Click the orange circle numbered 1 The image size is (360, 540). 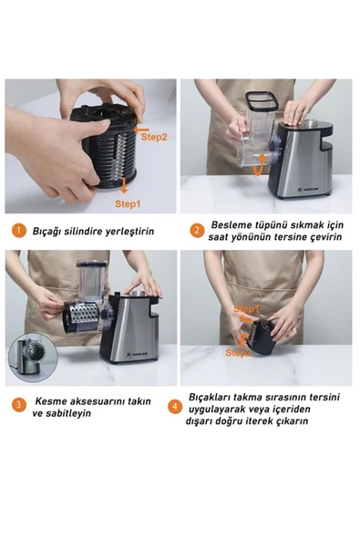point(18,231)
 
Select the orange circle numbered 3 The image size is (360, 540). point(18,405)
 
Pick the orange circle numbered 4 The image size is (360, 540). point(175,406)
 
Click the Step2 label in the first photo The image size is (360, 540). point(153,137)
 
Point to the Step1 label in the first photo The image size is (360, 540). point(128,204)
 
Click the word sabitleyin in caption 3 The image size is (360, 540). point(67,413)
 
